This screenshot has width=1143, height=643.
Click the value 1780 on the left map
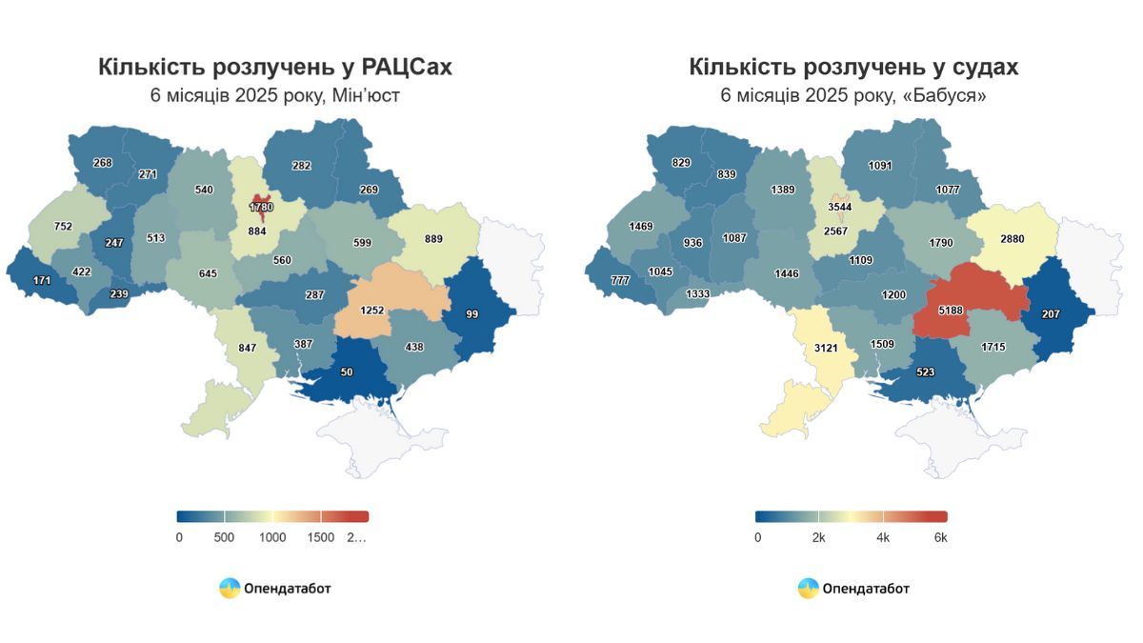tap(261, 207)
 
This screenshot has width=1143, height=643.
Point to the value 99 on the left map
tap(472, 313)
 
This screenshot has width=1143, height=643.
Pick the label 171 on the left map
tap(42, 282)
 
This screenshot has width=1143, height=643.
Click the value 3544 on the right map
tap(840, 207)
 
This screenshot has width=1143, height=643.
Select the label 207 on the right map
tap(1050, 313)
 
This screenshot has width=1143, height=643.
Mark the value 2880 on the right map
tap(1012, 238)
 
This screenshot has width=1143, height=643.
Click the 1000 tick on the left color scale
tap(272, 537)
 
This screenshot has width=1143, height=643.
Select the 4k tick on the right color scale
tap(883, 537)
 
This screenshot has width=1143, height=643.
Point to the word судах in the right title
tap(981, 67)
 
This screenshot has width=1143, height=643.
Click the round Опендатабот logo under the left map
tap(230, 588)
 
